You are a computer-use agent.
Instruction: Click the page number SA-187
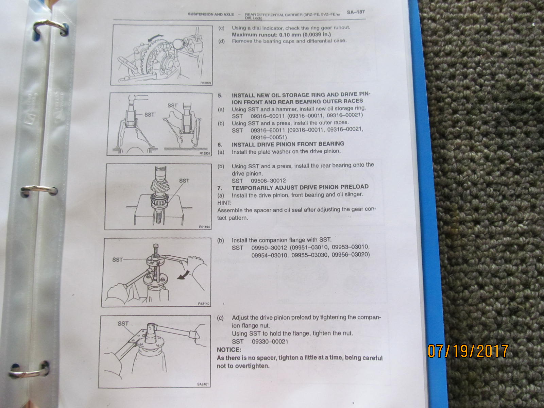pos(356,12)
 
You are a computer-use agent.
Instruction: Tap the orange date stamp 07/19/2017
pos(468,351)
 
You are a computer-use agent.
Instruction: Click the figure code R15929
pos(206,83)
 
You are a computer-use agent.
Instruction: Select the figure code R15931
pos(205,153)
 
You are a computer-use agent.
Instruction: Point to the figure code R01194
pos(204,227)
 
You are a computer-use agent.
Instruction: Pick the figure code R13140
pos(203,304)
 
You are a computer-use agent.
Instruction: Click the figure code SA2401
pos(203,384)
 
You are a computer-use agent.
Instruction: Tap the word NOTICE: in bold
pos(229,350)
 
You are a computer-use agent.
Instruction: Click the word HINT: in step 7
pos(224,203)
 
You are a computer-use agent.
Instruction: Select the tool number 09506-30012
pos(268,181)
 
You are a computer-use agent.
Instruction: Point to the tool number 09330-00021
pos(270,342)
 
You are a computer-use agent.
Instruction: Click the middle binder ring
pos(39,190)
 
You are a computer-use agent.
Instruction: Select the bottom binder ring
pos(30,370)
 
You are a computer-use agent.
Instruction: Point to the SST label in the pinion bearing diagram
pos(184,181)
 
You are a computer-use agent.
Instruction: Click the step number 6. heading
pos(220,145)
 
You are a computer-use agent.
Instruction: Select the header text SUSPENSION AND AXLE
pos(211,14)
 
